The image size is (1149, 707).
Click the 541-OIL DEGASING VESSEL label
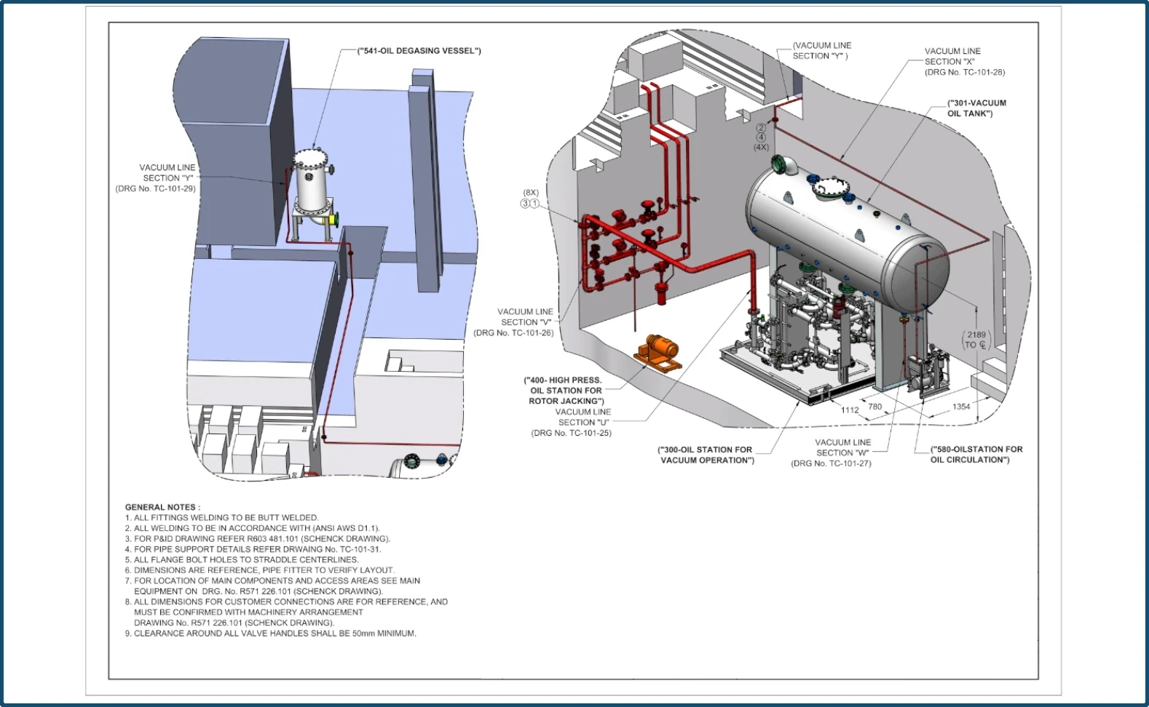[x=419, y=51]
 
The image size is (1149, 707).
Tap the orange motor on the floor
[x=658, y=353]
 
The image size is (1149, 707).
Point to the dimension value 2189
[x=976, y=335]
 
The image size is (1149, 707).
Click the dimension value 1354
[x=961, y=407]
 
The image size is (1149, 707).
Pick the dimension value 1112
[x=850, y=410]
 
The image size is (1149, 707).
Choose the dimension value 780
[x=874, y=407]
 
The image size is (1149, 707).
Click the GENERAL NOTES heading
[x=162, y=507]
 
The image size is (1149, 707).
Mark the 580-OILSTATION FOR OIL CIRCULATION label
[x=976, y=455]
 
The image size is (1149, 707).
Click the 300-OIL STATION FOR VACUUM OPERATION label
[x=706, y=455]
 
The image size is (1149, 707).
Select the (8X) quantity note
[x=531, y=193]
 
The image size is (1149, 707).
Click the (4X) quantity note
[x=761, y=147]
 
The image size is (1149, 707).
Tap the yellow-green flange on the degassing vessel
[x=336, y=220]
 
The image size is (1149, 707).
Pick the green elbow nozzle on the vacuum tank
[x=783, y=166]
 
